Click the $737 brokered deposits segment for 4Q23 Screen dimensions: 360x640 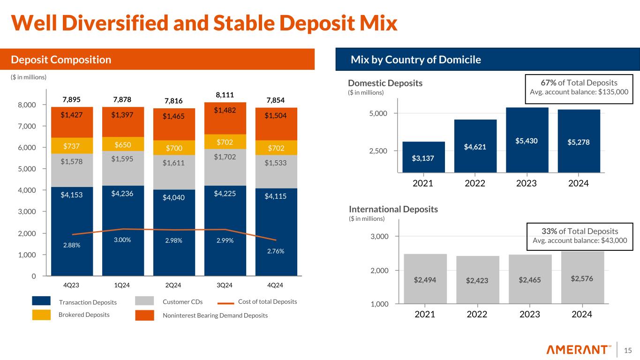(x=72, y=145)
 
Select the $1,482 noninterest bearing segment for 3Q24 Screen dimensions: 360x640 (x=225, y=111)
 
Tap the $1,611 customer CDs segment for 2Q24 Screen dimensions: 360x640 (x=174, y=164)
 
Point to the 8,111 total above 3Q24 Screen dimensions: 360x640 (x=225, y=94)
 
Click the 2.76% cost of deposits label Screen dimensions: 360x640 (x=276, y=251)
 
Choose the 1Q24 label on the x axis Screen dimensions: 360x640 (x=123, y=285)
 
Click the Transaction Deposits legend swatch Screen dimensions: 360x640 (x=41, y=301)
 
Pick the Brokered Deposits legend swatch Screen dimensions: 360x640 (x=41, y=315)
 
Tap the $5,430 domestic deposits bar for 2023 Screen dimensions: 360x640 (x=527, y=140)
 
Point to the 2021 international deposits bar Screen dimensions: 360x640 (x=425, y=279)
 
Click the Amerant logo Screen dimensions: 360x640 (x=579, y=350)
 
